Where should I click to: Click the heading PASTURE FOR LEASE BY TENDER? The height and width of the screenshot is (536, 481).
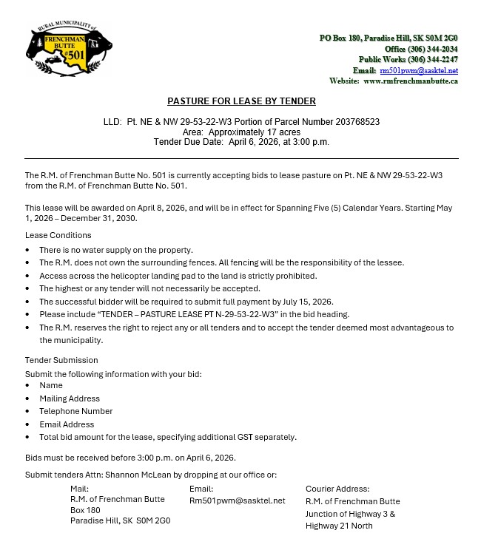(241, 101)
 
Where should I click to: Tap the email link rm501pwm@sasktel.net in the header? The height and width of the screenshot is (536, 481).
(419, 70)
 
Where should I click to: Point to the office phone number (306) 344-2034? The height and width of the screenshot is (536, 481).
(431, 49)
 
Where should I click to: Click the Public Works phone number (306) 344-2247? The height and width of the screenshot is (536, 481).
(431, 59)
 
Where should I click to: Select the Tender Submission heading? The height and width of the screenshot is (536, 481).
(61, 360)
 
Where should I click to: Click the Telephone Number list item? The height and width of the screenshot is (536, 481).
(76, 411)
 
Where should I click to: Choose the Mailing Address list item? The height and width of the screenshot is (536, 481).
(70, 398)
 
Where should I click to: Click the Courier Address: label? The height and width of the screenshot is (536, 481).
(337, 489)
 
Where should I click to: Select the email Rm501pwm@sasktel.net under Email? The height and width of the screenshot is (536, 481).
(237, 501)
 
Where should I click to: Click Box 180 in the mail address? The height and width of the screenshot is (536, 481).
(85, 510)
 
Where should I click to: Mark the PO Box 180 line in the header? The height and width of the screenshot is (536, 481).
(388, 38)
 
